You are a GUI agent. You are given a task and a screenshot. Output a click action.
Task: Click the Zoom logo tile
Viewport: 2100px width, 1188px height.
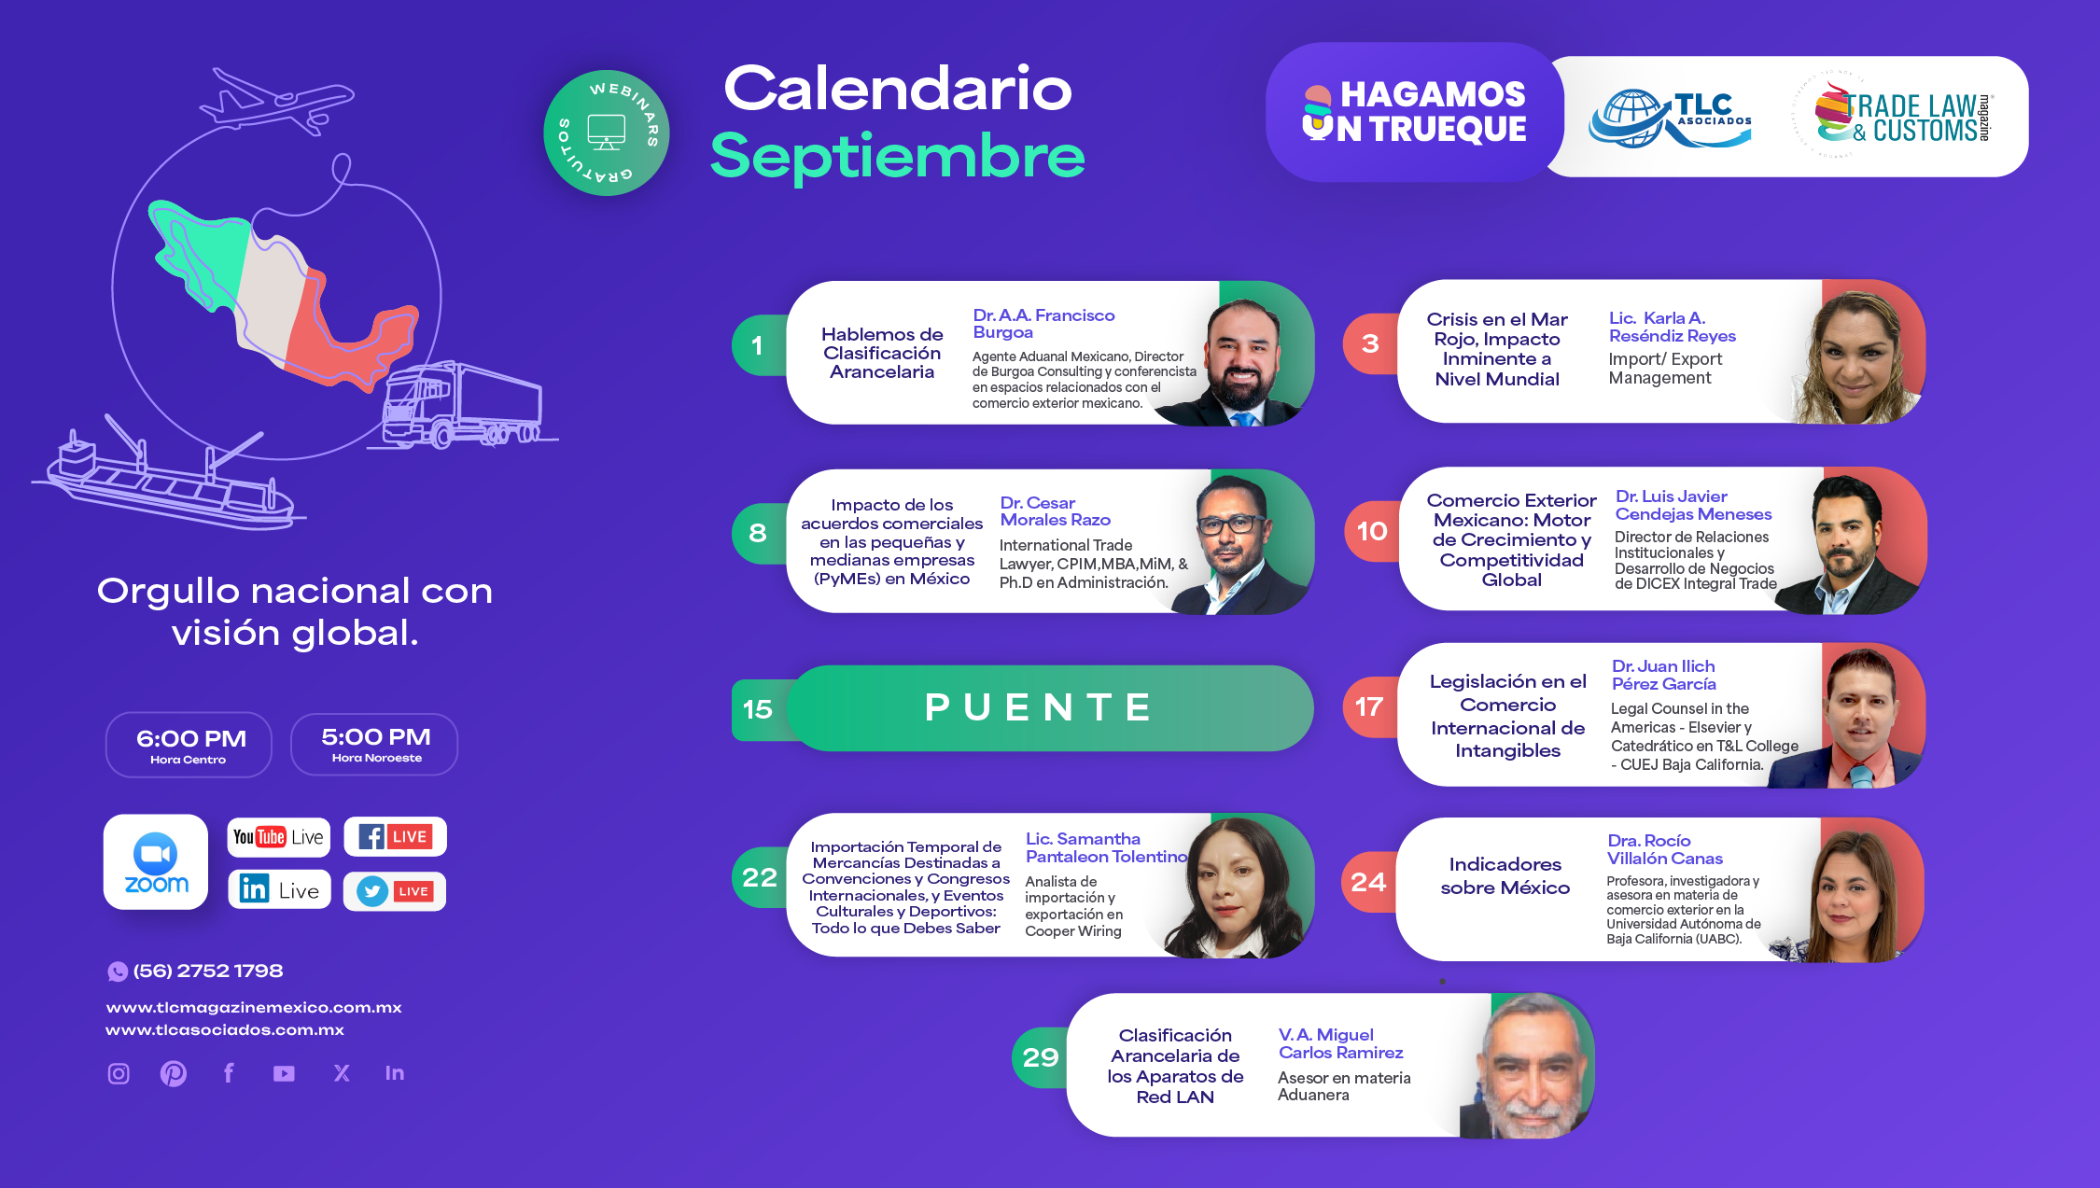156,861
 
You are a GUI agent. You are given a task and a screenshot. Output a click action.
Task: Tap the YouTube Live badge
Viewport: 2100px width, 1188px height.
279,836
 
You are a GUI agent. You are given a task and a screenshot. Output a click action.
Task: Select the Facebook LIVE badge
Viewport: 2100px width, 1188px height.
395,836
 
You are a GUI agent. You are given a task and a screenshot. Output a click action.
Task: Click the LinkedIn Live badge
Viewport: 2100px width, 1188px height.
279,889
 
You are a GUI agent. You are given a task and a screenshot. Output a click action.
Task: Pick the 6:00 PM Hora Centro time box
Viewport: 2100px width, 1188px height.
189,744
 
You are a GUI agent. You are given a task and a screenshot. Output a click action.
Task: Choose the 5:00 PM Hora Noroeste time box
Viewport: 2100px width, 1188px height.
374,744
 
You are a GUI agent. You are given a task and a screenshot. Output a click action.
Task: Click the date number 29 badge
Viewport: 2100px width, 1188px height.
1040,1057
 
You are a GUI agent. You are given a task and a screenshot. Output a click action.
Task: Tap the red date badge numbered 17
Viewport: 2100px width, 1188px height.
1369,706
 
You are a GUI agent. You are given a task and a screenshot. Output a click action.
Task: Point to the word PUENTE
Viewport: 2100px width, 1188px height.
1039,707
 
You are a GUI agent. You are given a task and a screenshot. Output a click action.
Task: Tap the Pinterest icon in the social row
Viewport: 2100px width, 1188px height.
174,1073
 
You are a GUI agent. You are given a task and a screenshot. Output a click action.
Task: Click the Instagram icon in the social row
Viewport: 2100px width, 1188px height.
119,1073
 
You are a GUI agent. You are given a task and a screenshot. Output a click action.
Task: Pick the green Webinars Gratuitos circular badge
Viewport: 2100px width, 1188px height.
607,133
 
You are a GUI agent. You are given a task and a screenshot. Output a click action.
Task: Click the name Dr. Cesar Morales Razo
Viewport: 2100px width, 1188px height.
1055,511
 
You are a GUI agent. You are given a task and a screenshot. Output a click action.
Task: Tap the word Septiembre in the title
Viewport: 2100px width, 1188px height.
897,155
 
